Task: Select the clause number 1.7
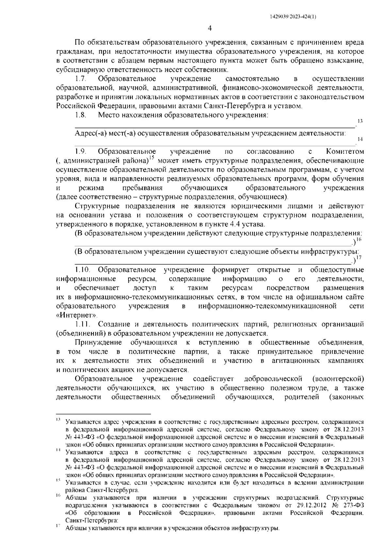[x=80, y=79]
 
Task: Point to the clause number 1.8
[x=80, y=115]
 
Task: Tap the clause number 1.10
[x=82, y=270]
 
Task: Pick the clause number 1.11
[x=82, y=324]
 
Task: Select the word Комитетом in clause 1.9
[x=345, y=151]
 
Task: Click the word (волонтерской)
[x=338, y=379]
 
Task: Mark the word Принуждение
[x=98, y=342]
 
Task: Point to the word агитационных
[x=295, y=361]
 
